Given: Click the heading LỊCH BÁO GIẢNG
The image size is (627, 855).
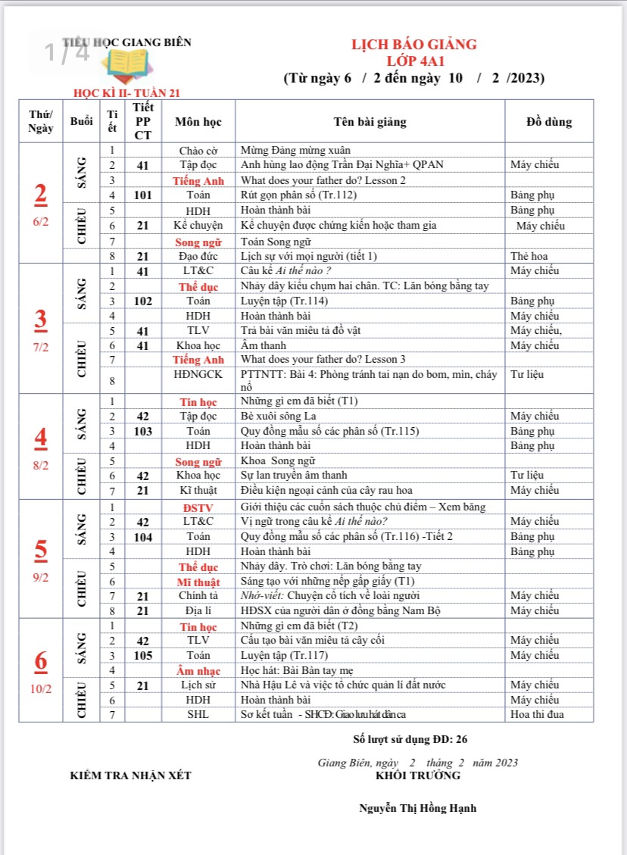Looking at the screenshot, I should click(x=413, y=45).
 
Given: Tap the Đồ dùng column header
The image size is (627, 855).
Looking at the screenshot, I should click(x=549, y=122).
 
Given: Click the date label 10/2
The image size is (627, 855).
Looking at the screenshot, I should click(x=41, y=689).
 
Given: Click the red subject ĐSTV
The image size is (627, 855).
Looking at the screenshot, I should click(x=198, y=507).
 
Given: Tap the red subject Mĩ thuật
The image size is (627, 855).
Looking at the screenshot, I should click(x=198, y=582).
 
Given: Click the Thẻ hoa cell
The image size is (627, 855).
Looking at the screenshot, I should click(x=529, y=256).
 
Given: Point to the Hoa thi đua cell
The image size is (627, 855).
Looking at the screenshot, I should click(x=538, y=714).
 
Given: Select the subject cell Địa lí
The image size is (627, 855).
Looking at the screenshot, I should click(x=198, y=610).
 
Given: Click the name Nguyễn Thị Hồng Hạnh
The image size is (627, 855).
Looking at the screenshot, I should click(x=417, y=808).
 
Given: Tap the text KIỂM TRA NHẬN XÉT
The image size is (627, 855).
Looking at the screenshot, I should click(x=131, y=775).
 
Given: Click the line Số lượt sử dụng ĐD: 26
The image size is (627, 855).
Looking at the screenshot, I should click(x=416, y=738).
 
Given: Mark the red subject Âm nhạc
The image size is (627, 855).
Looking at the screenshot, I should click(x=198, y=670).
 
